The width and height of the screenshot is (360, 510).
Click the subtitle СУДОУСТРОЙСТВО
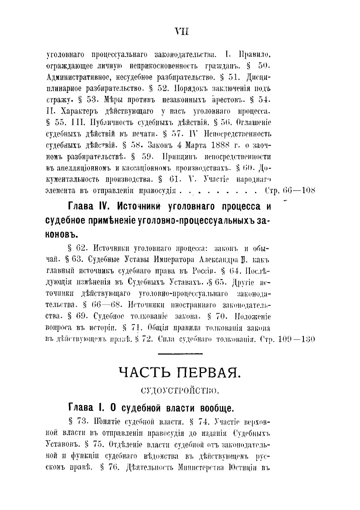(x=180, y=390)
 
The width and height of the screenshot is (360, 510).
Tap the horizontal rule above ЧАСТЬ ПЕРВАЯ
(x=180, y=354)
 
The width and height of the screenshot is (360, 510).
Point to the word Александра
(x=226, y=260)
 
